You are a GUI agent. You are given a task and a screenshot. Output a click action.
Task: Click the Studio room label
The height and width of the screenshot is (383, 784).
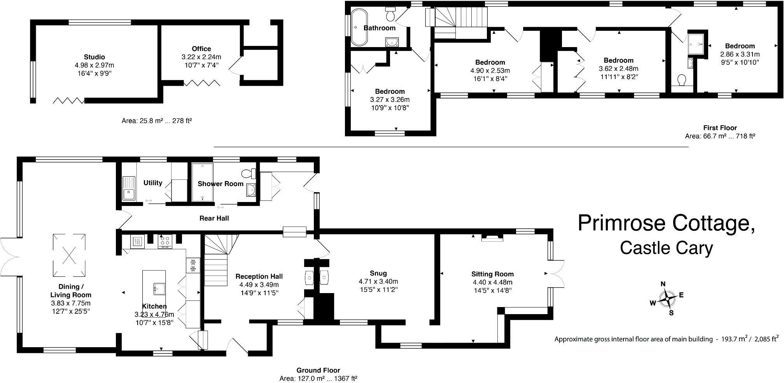tap(94, 57)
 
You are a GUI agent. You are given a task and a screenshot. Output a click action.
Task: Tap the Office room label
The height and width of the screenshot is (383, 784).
tap(201, 49)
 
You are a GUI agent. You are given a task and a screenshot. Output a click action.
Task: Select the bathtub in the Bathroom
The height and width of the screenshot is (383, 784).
tap(357, 28)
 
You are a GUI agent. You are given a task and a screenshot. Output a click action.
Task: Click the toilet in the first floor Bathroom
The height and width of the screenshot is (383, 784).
tap(390, 14)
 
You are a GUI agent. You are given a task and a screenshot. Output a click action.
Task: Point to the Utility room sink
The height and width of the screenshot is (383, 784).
tap(129, 188)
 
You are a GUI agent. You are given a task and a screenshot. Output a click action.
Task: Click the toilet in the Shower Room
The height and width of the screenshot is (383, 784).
tap(248, 173)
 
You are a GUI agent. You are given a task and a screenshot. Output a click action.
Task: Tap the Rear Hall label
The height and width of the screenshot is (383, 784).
tap(214, 218)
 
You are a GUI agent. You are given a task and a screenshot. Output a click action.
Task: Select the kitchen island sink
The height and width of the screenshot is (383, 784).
tap(159, 288)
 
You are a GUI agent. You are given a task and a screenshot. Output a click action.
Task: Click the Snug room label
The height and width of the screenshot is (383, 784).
tap(378, 273)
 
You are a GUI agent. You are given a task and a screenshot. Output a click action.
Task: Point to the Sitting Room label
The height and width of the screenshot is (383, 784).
tap(493, 274)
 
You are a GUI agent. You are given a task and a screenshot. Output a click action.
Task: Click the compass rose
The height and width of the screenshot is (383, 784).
tap(667, 299)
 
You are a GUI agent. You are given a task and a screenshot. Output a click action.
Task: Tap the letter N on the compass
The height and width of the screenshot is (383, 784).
tap(663, 284)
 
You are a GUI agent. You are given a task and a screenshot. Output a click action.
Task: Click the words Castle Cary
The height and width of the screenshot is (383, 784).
tap(667, 248)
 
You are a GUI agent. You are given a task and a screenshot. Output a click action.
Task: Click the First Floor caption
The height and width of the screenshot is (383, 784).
tap(720, 128)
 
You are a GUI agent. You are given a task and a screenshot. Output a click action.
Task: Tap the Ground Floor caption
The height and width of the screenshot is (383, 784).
tap(318, 370)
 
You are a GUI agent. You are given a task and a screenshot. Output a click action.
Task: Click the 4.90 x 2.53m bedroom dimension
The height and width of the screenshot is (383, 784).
tap(490, 70)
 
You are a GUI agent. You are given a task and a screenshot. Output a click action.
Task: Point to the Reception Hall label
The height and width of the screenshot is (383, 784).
tap(259, 276)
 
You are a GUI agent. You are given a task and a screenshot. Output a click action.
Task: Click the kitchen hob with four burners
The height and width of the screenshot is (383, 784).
tap(165, 241)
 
